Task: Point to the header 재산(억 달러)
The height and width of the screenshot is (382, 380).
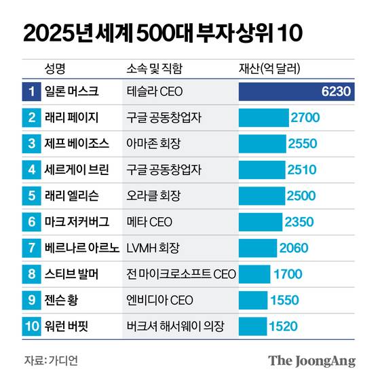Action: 270,69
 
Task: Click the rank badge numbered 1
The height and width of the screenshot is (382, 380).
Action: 32,92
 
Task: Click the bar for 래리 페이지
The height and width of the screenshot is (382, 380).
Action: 263,117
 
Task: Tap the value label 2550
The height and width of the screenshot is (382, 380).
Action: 301,144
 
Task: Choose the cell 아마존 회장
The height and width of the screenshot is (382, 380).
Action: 155,144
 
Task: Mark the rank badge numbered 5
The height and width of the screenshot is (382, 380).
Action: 32,195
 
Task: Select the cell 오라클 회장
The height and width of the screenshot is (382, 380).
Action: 155,195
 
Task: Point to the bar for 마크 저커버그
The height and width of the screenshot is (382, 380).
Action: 261,222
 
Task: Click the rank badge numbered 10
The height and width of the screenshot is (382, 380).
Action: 32,326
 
